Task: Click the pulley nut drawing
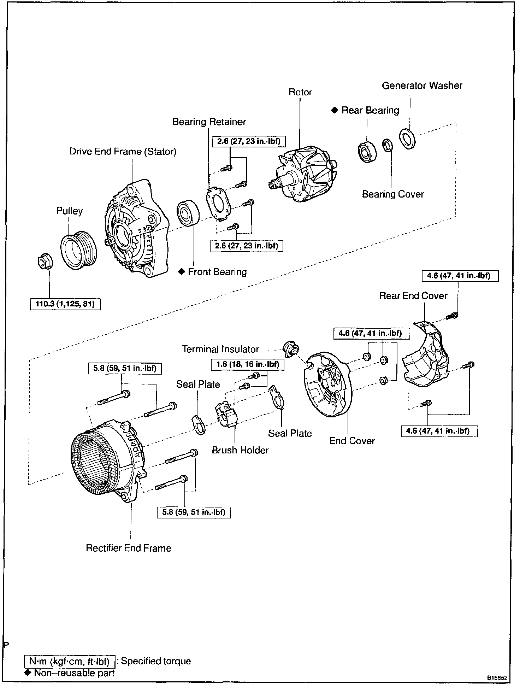pos(44,261)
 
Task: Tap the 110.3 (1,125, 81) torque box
pos(65,304)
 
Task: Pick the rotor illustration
pos(303,175)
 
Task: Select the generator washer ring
pos(408,139)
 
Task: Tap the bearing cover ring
pos(388,145)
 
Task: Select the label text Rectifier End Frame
pos(129,548)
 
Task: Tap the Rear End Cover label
pos(413,296)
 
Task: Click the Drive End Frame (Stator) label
pos(123,152)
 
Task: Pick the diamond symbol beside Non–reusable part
pos(28,672)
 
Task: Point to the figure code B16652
pos(497,678)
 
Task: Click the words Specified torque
pos(156,661)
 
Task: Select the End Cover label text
pos(352,441)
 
